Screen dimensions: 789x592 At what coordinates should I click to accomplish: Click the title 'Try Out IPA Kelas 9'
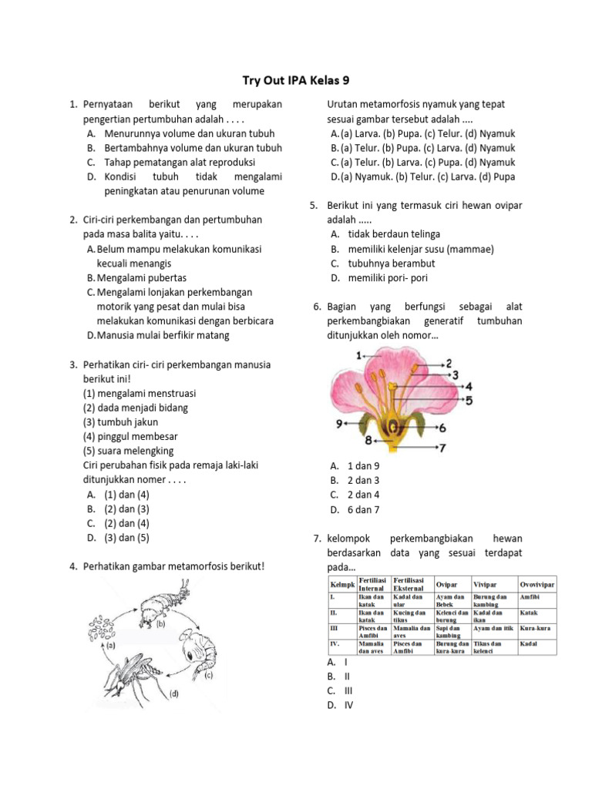point(296,80)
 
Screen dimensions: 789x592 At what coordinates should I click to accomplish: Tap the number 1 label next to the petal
point(359,354)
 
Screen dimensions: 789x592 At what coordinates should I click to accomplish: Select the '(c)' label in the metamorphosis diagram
point(208,675)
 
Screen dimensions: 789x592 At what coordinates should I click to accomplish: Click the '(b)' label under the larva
point(161,625)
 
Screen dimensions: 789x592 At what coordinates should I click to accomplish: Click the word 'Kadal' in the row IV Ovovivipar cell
point(530,643)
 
